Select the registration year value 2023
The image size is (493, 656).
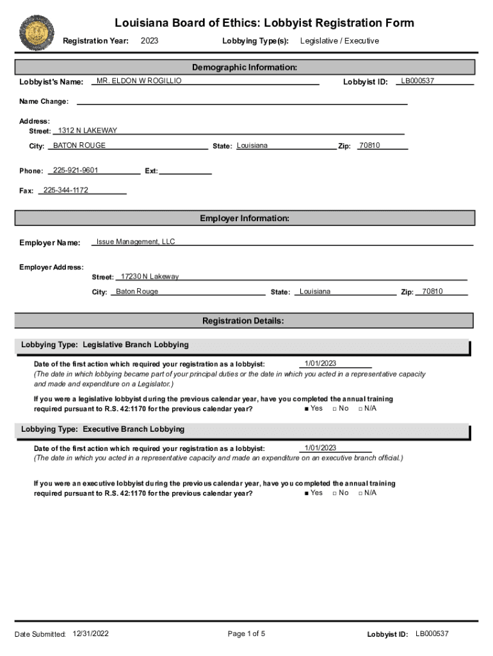tap(149, 41)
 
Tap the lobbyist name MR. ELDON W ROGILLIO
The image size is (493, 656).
tap(139, 81)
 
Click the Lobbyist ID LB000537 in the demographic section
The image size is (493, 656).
tap(417, 81)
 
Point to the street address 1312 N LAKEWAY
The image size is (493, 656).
tap(88, 131)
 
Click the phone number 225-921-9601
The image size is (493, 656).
tap(76, 170)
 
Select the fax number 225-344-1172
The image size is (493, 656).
tap(66, 190)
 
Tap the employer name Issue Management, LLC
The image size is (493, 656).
tap(136, 242)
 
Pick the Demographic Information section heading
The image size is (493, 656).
tap(245, 67)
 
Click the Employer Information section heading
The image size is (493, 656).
tap(245, 218)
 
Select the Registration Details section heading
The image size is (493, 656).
tap(243, 320)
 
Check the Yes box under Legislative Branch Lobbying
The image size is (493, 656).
tap(308, 409)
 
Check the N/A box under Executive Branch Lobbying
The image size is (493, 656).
tap(361, 493)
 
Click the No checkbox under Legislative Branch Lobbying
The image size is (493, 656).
tap(335, 409)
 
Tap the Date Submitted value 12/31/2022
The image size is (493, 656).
tap(91, 633)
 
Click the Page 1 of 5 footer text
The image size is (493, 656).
tap(247, 634)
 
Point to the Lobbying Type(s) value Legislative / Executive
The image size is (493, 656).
tap(339, 41)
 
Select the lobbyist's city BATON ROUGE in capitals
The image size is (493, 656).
tap(79, 145)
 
